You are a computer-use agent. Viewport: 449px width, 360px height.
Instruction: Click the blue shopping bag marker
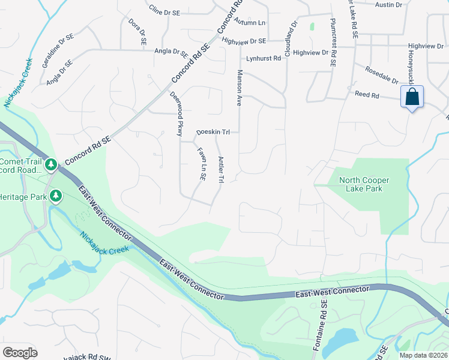412,97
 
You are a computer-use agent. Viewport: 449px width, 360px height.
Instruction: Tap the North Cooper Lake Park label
364,184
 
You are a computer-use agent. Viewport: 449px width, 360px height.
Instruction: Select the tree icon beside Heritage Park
56,196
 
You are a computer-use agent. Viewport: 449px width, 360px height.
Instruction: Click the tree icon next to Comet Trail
52,164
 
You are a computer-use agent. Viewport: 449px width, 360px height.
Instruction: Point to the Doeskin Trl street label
213,132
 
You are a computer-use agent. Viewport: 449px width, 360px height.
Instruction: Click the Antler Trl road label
221,170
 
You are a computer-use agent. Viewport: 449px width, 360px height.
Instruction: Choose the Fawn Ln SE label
202,166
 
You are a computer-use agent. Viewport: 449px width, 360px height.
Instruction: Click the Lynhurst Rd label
264,59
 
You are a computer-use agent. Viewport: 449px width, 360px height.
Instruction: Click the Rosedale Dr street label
382,75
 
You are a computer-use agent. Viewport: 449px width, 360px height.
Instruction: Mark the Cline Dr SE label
164,11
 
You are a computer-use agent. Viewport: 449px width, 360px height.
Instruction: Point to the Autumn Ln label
250,22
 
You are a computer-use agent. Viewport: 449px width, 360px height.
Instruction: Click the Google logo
20,353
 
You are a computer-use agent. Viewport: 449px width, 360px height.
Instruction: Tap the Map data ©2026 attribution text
423,355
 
